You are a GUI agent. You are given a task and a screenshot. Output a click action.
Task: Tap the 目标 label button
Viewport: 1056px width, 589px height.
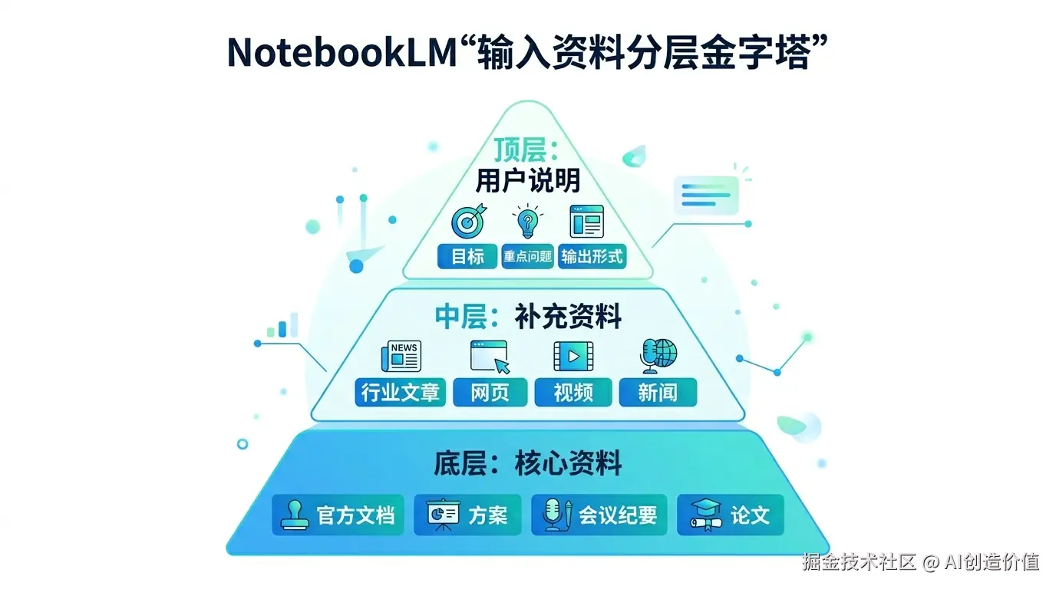[467, 256]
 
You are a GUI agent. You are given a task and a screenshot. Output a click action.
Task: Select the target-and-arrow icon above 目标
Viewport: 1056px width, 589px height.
[467, 221]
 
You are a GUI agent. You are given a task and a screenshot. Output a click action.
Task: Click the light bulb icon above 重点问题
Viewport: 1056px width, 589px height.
[527, 221]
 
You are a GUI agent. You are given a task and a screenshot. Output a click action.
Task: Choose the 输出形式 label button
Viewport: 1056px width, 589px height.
[592, 256]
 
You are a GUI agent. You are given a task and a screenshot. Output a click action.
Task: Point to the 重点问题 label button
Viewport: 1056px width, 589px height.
[527, 256]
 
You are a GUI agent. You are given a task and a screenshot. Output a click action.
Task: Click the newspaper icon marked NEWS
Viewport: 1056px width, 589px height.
[401, 357]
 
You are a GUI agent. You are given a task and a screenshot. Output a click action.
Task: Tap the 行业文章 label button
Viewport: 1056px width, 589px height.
[400, 393]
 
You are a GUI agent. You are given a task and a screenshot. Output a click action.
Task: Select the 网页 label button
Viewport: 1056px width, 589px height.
[490, 393]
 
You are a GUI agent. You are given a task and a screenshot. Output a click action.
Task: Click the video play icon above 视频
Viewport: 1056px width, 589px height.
[573, 357]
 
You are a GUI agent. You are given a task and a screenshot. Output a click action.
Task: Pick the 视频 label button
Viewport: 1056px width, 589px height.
[573, 393]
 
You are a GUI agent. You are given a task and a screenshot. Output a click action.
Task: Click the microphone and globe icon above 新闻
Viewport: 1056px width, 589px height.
[658, 356]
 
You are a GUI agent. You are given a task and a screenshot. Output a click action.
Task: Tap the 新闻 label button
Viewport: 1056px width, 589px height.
[658, 393]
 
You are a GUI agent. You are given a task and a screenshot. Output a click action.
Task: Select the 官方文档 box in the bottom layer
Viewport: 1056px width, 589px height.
[338, 515]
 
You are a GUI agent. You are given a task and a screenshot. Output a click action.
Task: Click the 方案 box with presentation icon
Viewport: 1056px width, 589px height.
[467, 515]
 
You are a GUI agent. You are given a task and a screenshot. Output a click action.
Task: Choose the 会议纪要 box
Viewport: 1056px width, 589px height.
[599, 515]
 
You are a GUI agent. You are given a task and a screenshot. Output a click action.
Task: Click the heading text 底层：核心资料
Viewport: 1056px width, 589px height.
[527, 464]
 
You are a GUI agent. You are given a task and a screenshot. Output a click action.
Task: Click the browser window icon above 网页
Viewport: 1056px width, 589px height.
[490, 357]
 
